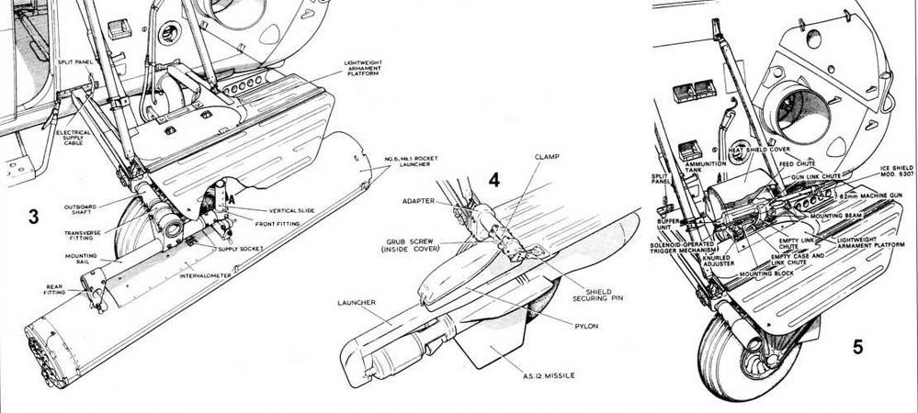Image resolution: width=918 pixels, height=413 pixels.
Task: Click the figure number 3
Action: pyautogui.click(x=33, y=217)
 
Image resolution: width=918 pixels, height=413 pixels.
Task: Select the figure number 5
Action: pyautogui.click(x=856, y=346)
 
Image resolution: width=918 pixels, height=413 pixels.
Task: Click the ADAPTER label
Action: pyautogui.click(x=416, y=199)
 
